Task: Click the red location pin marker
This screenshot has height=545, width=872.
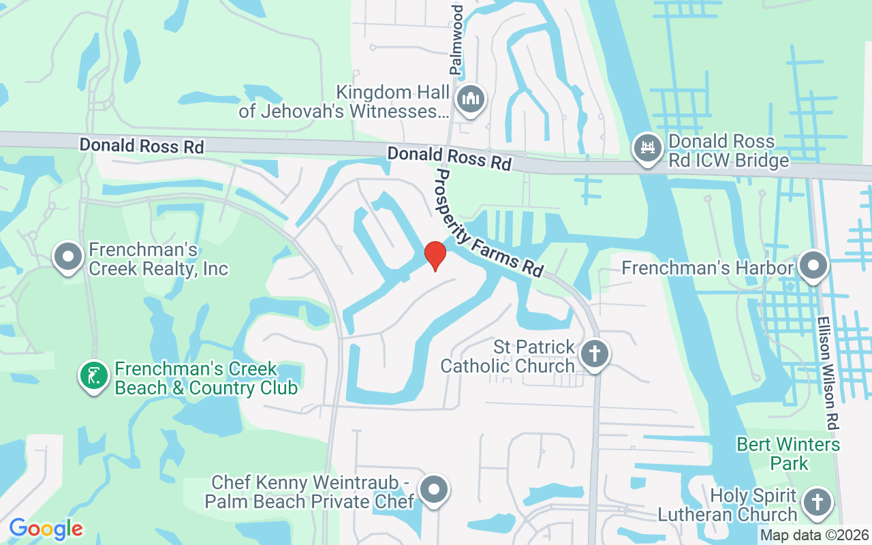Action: (435, 256)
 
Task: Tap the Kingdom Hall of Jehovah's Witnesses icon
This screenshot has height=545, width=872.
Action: (471, 99)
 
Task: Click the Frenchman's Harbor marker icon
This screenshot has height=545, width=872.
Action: (813, 266)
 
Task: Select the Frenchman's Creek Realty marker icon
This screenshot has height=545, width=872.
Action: (68, 258)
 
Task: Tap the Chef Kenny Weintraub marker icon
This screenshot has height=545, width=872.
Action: (434, 490)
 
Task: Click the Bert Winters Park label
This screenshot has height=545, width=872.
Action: (788, 454)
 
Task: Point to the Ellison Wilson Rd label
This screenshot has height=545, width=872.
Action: (828, 373)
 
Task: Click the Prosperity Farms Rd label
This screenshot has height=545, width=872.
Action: (488, 223)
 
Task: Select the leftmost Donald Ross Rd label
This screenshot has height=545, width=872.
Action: (141, 145)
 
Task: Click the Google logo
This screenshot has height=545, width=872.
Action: (46, 529)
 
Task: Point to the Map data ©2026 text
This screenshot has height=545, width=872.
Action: (814, 535)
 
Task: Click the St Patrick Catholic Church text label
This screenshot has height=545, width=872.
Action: (508, 356)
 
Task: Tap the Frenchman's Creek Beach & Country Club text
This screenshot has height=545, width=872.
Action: (206, 379)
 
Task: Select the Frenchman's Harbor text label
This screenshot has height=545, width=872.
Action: (708, 268)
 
